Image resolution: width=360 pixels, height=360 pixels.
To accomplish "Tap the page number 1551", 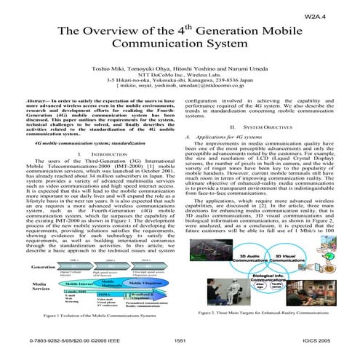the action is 180,339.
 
